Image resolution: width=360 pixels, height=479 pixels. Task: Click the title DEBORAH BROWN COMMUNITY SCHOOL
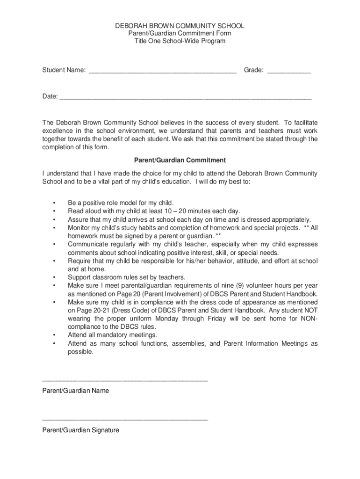tap(180, 26)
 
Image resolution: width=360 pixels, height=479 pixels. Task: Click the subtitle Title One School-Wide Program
tap(180, 41)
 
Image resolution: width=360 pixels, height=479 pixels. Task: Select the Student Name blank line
tap(162, 72)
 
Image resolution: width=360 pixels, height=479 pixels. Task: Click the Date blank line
tap(186, 98)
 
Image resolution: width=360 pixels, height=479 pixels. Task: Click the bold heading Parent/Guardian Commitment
tap(180, 160)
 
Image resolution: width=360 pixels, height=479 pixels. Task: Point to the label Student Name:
tap(64, 70)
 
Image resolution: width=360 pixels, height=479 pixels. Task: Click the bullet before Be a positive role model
tap(55, 203)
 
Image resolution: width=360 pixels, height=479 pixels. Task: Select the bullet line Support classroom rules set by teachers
tap(127, 277)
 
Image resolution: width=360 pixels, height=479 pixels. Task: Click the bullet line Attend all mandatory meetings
tap(112, 335)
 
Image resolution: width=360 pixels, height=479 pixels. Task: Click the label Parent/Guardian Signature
tap(80, 430)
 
